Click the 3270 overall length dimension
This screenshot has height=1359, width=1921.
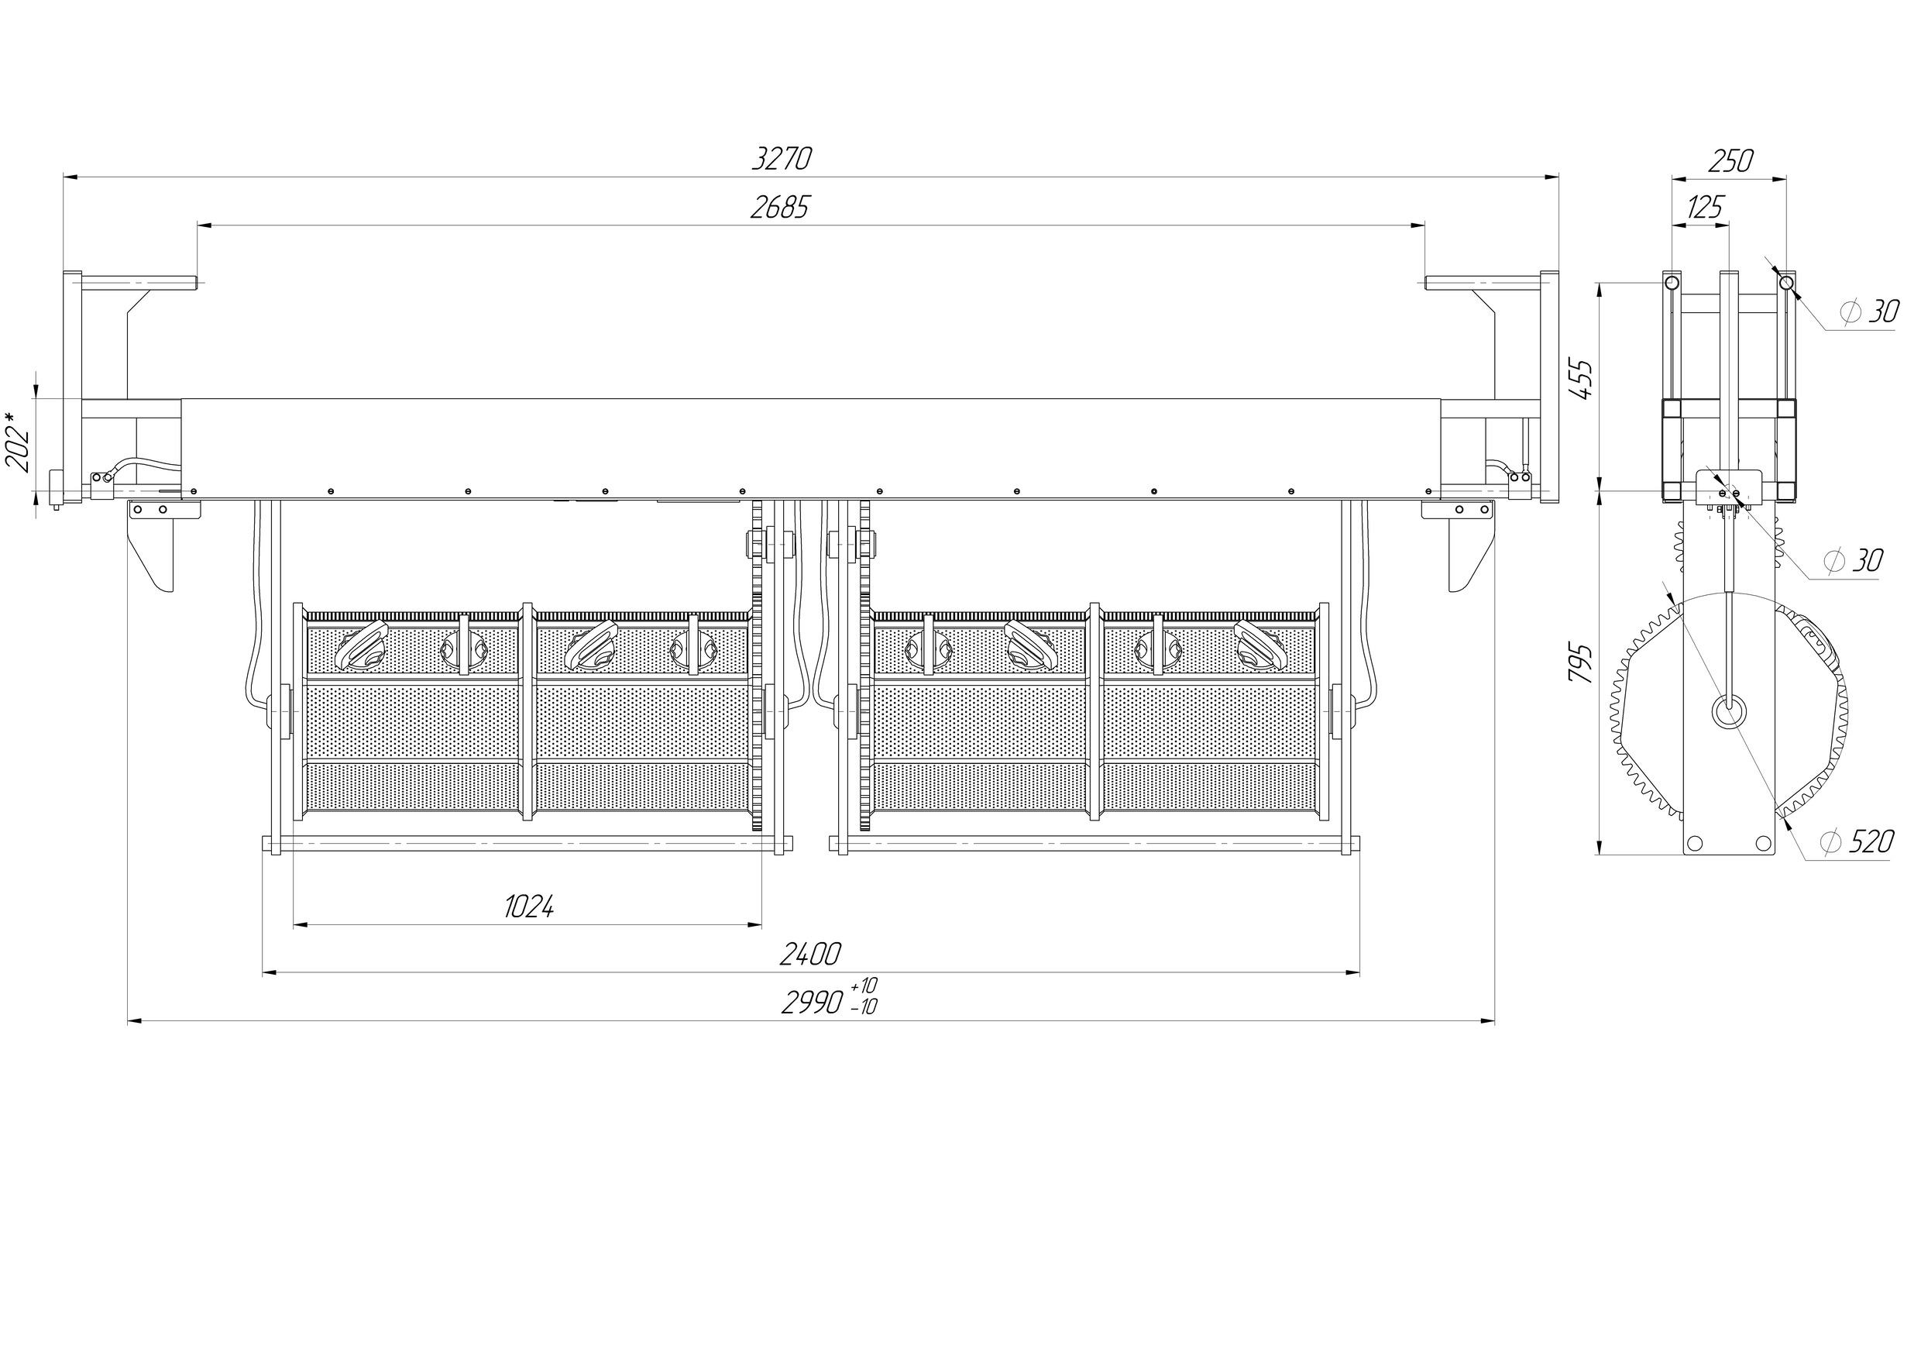[782, 158]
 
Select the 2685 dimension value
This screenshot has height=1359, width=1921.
[780, 207]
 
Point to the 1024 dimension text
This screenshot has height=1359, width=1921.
[529, 907]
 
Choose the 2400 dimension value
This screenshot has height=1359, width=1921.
[810, 954]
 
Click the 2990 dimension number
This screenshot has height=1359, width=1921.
[812, 1003]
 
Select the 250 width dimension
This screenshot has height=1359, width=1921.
[1730, 160]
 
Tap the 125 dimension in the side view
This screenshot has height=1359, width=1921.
[1705, 207]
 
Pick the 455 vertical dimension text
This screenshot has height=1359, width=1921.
[1580, 380]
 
